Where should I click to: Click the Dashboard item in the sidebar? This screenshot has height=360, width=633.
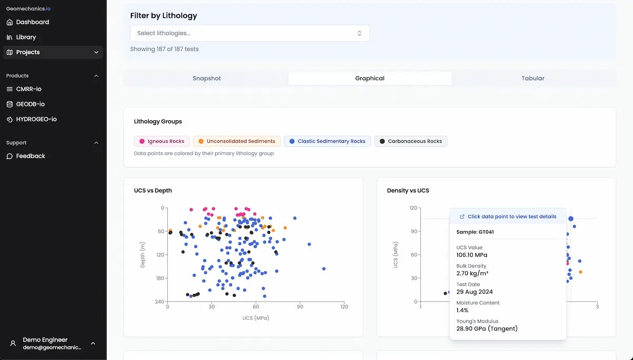(32, 22)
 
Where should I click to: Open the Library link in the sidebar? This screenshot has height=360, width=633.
(26, 37)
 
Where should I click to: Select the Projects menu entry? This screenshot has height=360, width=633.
(28, 52)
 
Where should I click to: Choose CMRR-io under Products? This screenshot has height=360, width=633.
(28, 89)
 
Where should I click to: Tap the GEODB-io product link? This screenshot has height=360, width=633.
(30, 104)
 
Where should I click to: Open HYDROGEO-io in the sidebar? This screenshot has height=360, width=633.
(36, 119)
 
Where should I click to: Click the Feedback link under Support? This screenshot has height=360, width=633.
(31, 156)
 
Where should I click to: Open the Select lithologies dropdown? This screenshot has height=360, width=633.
(250, 33)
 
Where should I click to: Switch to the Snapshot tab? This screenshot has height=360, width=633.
(206, 79)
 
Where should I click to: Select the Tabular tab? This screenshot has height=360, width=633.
(533, 79)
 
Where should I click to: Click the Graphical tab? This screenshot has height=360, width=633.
(370, 79)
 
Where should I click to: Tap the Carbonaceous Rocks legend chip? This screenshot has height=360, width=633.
(410, 141)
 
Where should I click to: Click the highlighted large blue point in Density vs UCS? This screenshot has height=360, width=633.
(571, 218)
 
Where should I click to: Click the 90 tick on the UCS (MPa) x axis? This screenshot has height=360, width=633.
(300, 307)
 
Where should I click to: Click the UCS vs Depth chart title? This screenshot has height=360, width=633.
(153, 190)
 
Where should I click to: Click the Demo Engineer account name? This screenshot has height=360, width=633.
(45, 340)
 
